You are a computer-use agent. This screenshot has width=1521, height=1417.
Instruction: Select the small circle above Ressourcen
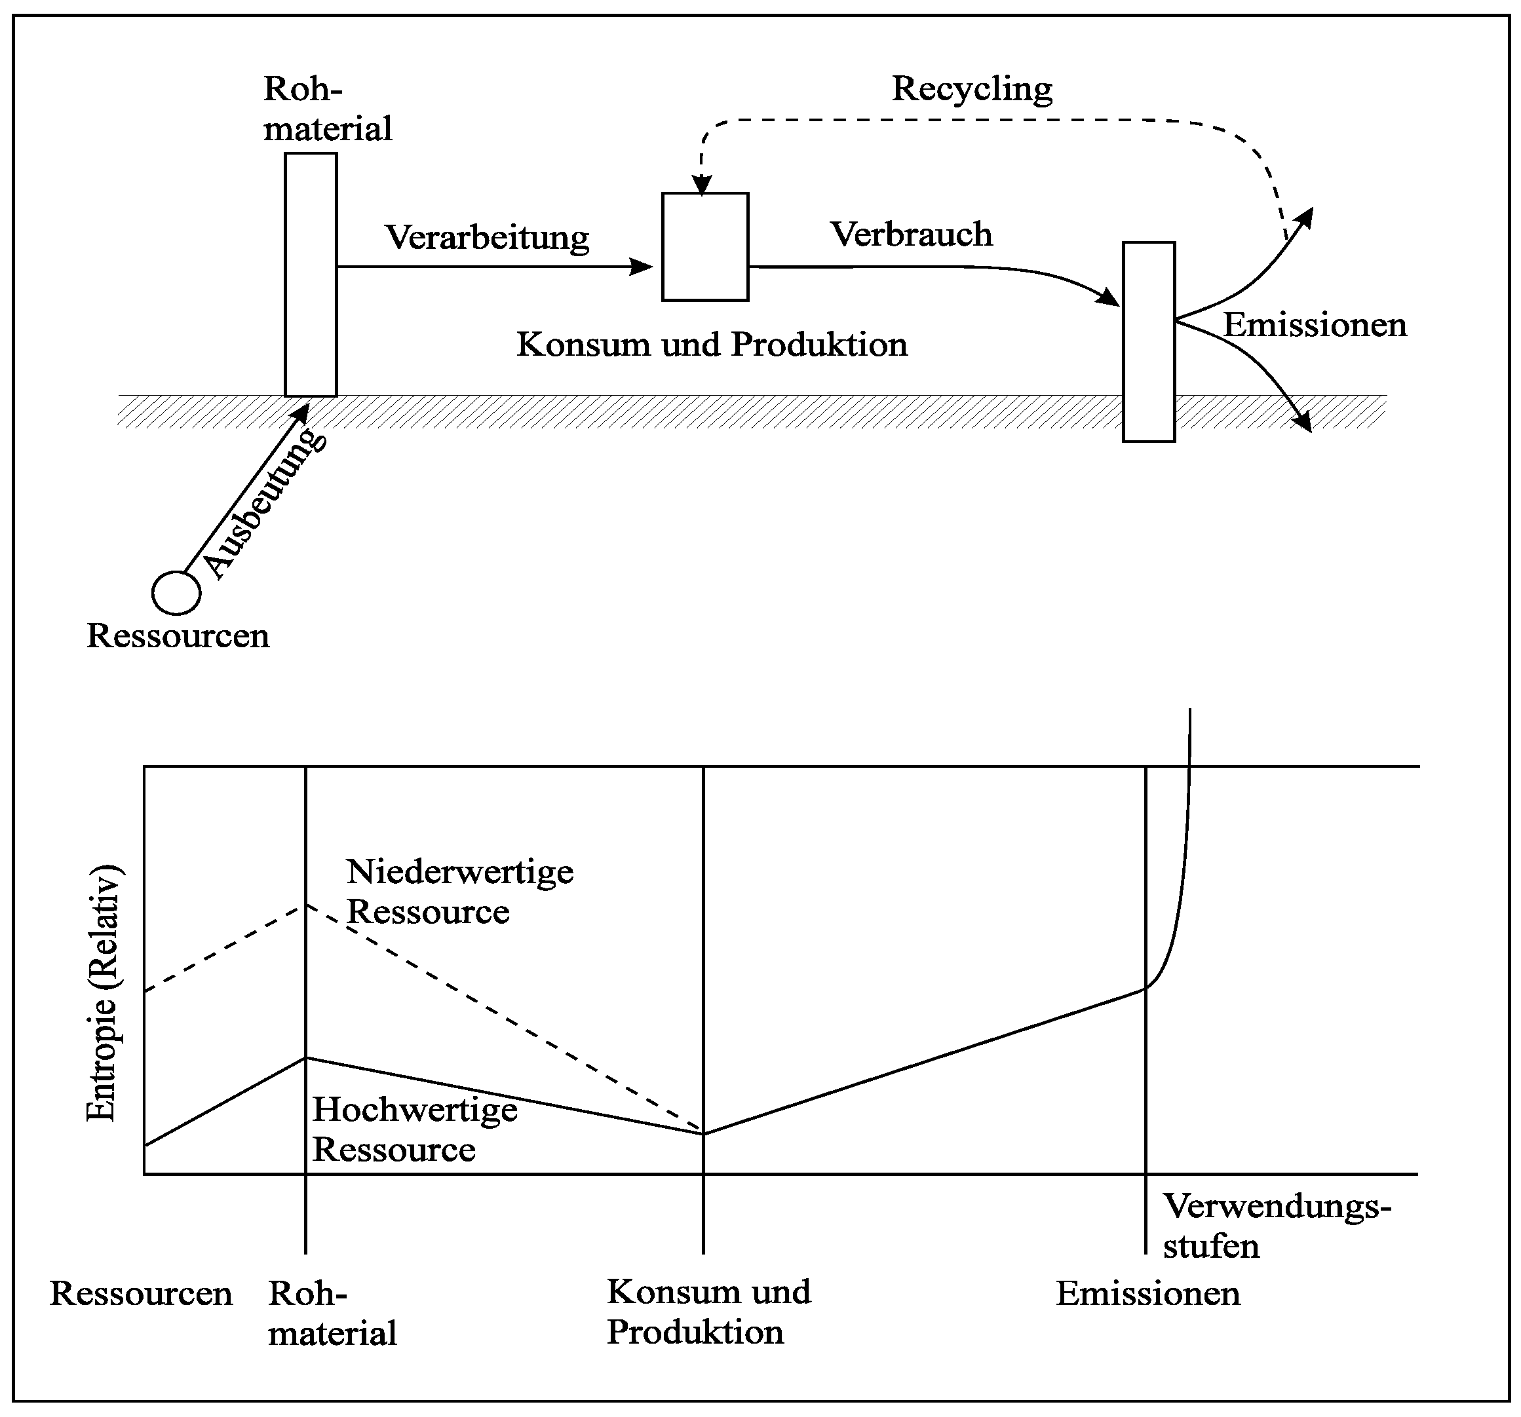point(177,593)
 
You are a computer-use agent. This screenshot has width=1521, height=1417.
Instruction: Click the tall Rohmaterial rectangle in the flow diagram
point(311,274)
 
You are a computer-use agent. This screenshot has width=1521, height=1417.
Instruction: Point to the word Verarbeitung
point(488,237)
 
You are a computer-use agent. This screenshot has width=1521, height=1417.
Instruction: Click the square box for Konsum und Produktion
point(704,247)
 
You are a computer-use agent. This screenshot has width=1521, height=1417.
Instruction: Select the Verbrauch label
point(911,234)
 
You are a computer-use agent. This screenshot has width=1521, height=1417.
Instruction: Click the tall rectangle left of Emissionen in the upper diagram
point(1148,342)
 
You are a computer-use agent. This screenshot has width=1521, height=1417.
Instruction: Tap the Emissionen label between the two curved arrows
point(1315,325)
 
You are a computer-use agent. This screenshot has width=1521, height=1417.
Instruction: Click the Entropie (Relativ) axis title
point(102,993)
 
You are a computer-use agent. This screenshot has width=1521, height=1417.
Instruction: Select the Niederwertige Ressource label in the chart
point(459,892)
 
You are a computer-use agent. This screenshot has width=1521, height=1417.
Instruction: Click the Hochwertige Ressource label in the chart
point(415,1129)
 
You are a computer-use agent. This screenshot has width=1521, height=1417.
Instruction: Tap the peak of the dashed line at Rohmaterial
point(306,905)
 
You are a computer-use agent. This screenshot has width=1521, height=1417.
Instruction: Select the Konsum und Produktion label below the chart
point(708,1312)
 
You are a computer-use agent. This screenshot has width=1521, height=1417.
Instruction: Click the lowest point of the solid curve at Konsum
point(704,1133)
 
